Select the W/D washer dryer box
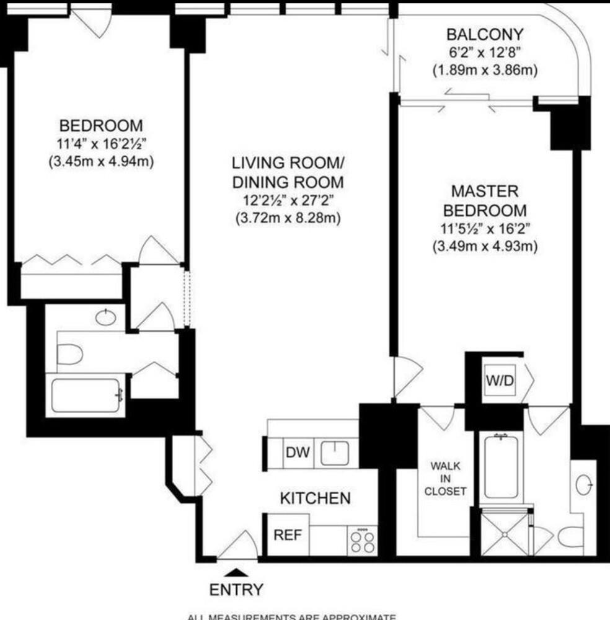[499, 381]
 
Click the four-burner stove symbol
[362, 541]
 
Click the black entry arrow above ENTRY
[236, 572]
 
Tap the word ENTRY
[236, 589]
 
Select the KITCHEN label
[315, 497]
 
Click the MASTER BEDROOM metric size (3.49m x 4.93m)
[484, 246]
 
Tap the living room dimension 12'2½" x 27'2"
[287, 200]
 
